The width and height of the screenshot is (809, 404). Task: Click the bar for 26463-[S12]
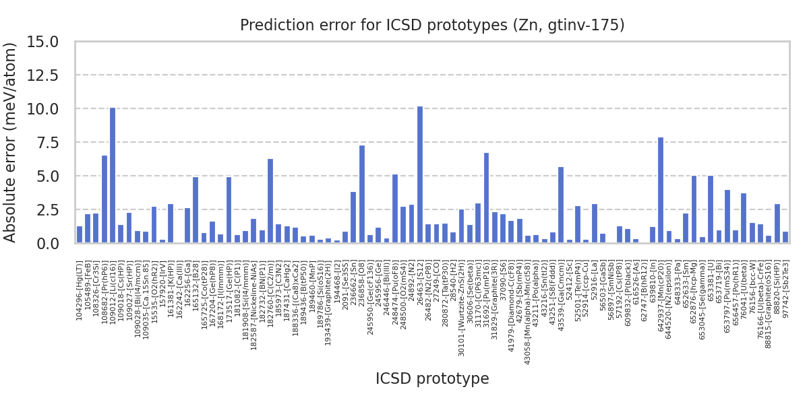click(420, 175)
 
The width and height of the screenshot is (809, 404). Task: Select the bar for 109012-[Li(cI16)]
click(113, 175)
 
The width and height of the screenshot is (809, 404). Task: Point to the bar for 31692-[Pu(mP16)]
click(486, 198)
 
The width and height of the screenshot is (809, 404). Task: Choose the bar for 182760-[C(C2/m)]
click(270, 201)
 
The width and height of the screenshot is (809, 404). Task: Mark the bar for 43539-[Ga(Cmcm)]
click(561, 205)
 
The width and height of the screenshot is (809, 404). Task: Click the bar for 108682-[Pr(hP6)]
click(104, 199)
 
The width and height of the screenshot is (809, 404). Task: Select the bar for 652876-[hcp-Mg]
click(694, 209)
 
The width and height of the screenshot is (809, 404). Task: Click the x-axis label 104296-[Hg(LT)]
click(80, 290)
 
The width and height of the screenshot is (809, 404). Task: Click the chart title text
click(432, 26)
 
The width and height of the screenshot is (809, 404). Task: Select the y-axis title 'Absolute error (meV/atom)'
click(11, 142)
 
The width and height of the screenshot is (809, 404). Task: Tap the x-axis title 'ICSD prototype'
click(432, 378)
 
